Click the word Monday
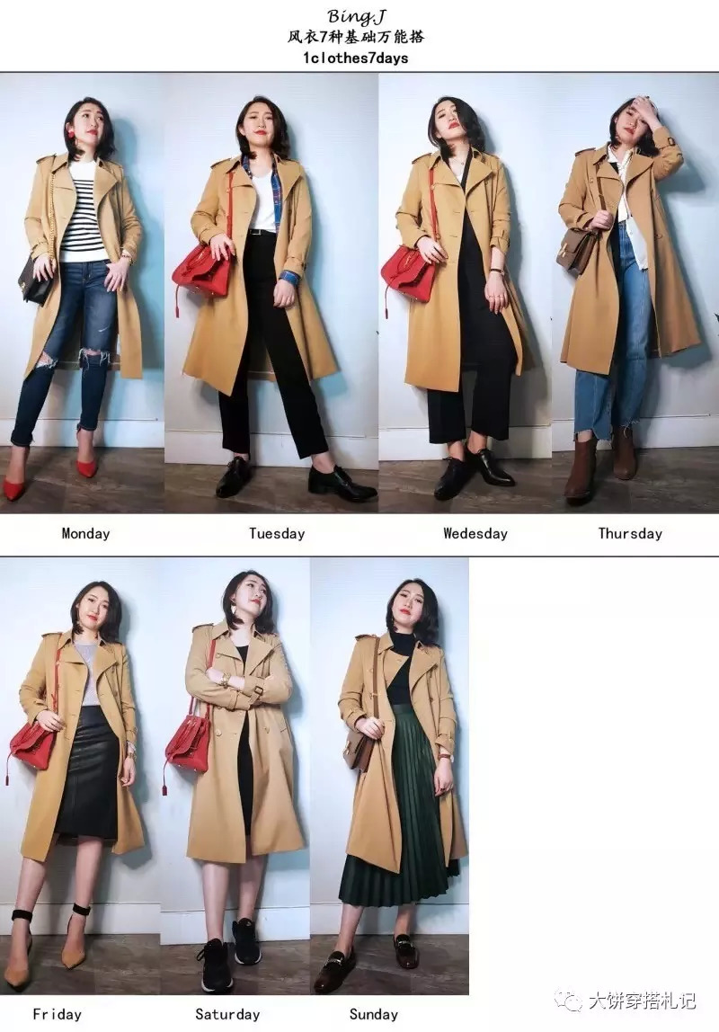pyautogui.click(x=85, y=533)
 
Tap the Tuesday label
pyautogui.click(x=277, y=533)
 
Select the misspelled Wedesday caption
pyautogui.click(x=475, y=533)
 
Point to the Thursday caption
pyautogui.click(x=629, y=533)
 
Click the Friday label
pyautogui.click(x=58, y=1014)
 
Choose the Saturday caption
pyautogui.click(x=227, y=1014)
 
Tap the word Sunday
pyautogui.click(x=374, y=1014)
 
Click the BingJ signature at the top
pyautogui.click(x=357, y=16)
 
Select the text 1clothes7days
pyautogui.click(x=355, y=58)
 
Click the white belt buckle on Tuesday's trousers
pyautogui.click(x=254, y=231)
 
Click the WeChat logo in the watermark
pyautogui.click(x=568, y=1001)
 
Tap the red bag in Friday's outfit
pyautogui.click(x=33, y=747)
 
